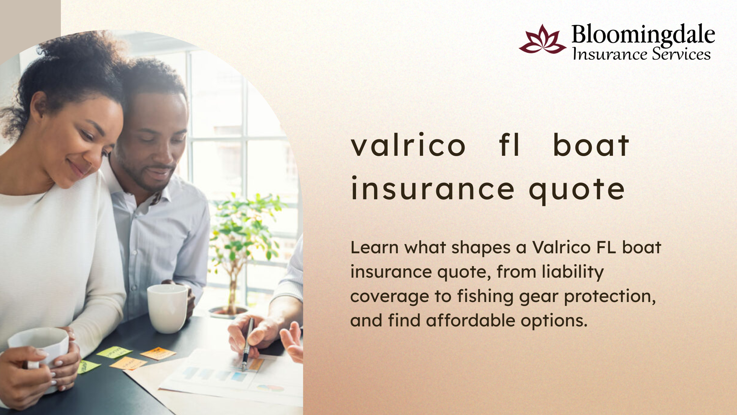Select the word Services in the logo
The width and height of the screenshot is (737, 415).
(681, 54)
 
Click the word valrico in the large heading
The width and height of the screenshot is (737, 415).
(408, 145)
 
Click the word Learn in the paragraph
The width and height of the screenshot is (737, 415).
(374, 247)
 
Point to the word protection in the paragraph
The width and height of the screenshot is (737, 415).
(610, 297)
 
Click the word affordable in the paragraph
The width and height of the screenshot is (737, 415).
(470, 320)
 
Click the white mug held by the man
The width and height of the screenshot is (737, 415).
(168, 308)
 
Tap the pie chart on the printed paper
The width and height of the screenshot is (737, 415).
(270, 388)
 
